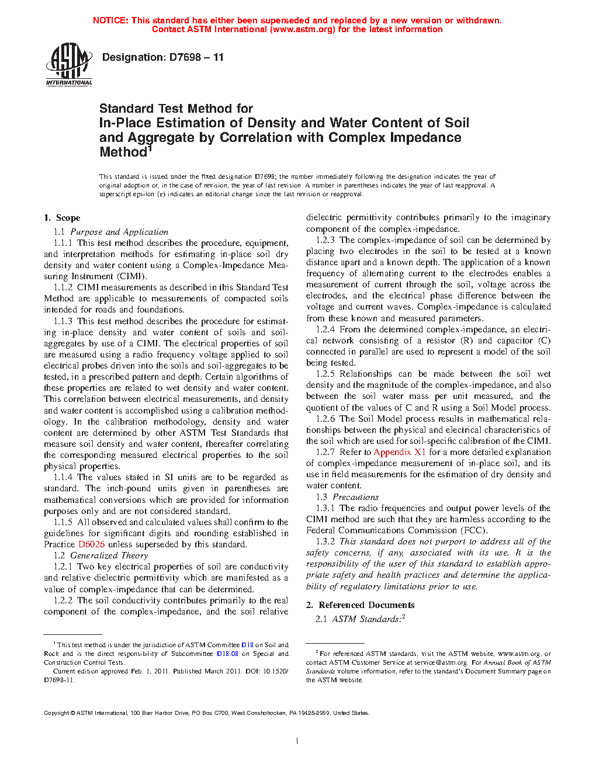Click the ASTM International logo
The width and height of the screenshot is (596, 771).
(69, 65)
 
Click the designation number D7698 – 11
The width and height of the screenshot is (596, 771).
(196, 57)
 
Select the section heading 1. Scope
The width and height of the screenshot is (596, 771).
(62, 218)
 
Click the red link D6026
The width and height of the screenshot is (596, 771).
(91, 544)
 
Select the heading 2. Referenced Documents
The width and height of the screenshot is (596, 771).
(361, 605)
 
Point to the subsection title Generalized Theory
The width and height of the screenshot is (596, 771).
(109, 555)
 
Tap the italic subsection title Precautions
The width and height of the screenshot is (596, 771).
(355, 497)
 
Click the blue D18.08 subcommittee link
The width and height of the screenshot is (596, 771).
(227, 654)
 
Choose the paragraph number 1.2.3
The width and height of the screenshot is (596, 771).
(325, 240)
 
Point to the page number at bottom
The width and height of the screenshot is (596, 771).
(297, 741)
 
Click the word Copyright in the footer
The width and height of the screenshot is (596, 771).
(57, 713)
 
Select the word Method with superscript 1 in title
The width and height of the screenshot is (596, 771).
(123, 152)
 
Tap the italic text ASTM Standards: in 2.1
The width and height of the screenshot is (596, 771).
(366, 619)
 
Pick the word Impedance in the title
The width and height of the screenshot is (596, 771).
(424, 138)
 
